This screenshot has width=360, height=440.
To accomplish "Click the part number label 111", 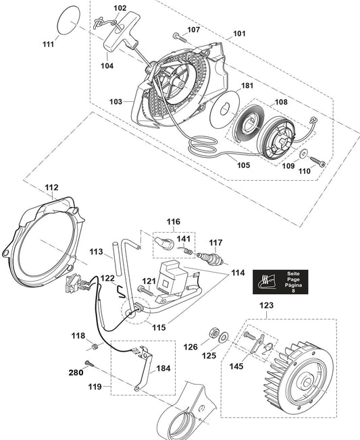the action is [x=49, y=44].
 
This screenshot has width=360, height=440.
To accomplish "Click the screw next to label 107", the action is [x=180, y=38].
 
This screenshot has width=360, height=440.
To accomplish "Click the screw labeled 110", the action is [x=317, y=161].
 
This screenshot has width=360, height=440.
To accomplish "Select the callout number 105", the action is [x=243, y=165].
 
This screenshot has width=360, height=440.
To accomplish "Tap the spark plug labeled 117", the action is [x=210, y=259].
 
